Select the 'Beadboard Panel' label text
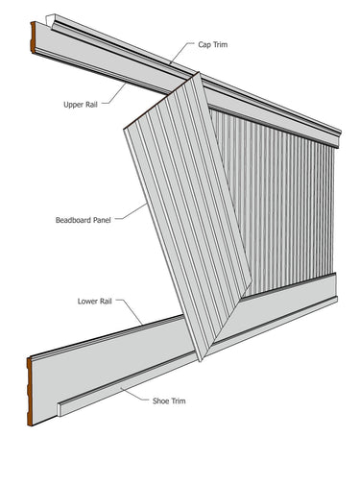pos(84,219)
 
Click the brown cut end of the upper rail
pos(35,38)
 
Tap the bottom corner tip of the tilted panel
pos(200,360)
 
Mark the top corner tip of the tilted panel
pos(197,80)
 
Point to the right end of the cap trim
pos(338,138)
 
